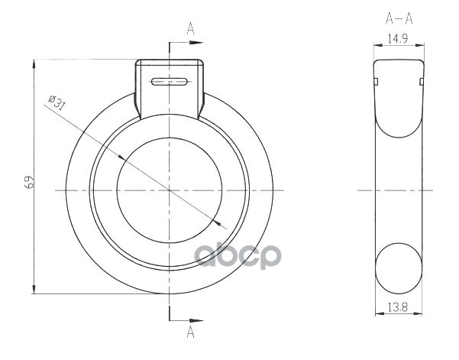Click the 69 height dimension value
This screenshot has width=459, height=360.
(29, 182)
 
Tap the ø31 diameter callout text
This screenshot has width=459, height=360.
(57, 102)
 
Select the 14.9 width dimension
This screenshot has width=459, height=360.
(398, 39)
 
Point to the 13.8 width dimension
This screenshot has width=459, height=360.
(398, 307)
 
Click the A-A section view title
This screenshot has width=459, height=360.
(399, 19)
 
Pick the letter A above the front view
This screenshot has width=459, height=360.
(191, 28)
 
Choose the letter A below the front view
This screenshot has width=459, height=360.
(191, 332)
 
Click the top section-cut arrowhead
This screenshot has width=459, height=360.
(196, 43)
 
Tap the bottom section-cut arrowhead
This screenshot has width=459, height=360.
(196, 321)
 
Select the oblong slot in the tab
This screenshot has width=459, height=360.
(170, 82)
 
